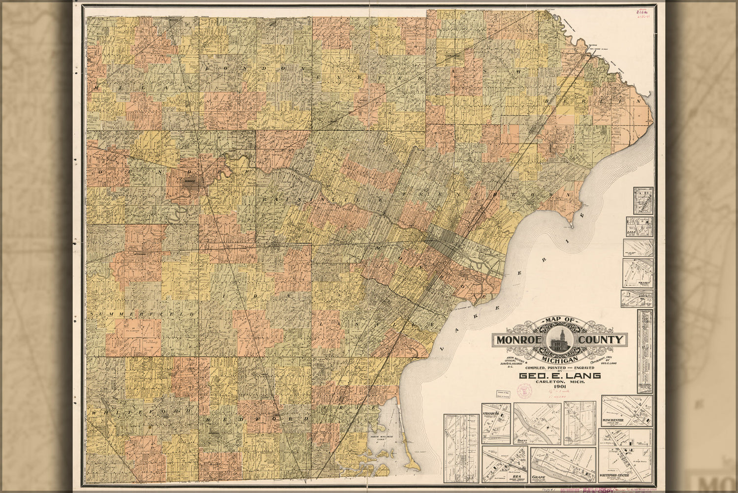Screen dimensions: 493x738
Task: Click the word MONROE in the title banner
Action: click(518, 340)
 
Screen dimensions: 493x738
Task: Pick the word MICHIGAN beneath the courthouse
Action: click(560, 360)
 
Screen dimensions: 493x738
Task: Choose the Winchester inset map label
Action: click(612, 421)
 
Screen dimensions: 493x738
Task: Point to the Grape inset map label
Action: click(540, 477)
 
